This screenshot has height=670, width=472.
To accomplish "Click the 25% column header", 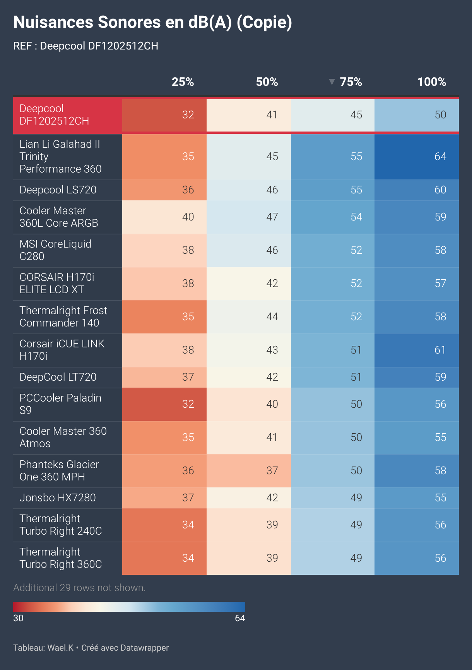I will pos(183,82).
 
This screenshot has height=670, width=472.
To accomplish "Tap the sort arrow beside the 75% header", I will pos(332,82).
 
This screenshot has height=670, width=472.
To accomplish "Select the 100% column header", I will pos(431,82).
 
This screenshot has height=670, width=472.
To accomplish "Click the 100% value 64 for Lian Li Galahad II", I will pos(440,157).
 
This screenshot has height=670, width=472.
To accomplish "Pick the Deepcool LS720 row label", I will pos(58,190).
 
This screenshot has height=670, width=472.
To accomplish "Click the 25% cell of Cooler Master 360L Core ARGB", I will pos(188,217).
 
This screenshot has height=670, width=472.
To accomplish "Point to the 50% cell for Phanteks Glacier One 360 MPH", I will pos(272,471).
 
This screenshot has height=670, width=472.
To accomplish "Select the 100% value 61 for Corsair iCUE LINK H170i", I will pos(440,350).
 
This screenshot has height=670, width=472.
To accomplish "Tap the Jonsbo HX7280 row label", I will pos(58,498).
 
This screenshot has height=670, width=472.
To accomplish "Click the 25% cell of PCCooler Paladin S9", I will pos(188,404).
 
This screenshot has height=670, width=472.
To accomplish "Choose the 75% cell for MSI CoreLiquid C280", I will pos(356,250).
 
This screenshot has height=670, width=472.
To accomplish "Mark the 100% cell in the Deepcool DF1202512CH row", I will pos(440,115).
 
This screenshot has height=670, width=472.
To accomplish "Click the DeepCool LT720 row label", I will pos(58,377).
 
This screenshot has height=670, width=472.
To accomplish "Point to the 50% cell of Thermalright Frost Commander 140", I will pos(272,317).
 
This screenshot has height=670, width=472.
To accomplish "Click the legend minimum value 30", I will pos(18,618).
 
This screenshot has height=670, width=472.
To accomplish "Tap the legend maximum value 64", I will pos(240,618).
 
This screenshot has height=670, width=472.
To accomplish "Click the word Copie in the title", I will pos(264,22).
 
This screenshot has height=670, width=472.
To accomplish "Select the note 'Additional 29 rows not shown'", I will pos(79,588).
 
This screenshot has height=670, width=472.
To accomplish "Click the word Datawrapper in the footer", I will pos(145,648).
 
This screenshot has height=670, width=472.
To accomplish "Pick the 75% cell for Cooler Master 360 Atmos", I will pos(356,438).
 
